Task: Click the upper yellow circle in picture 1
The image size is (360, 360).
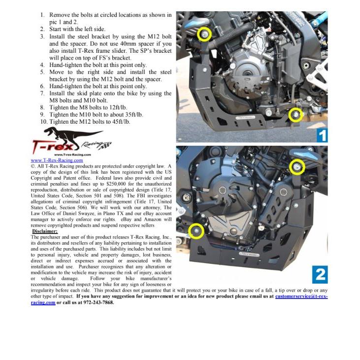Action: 204,34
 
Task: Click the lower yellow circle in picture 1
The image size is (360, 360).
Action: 295,115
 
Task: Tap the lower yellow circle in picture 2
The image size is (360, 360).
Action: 196,231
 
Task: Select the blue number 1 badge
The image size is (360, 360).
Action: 321,135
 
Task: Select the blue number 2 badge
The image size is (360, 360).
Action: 320,274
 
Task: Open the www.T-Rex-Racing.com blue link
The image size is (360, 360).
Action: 57,160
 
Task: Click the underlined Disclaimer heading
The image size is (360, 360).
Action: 45,231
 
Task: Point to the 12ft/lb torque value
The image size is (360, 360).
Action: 122,107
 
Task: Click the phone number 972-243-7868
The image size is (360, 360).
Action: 95,302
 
